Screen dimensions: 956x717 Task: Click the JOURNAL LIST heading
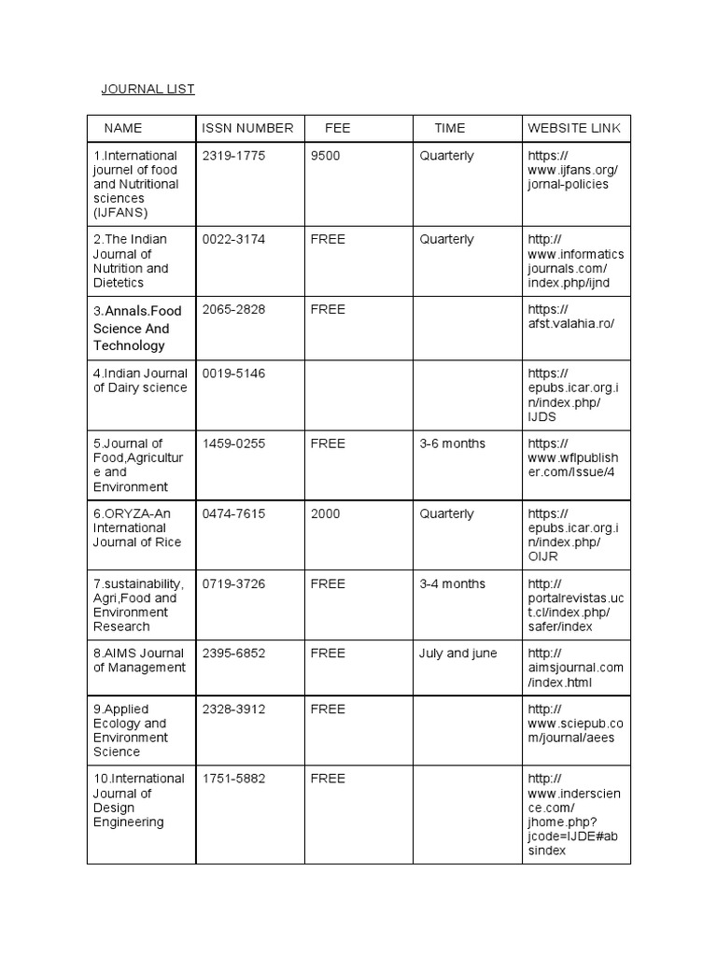(x=148, y=90)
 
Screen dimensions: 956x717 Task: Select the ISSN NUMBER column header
(x=247, y=128)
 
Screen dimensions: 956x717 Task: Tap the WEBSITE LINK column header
(x=573, y=128)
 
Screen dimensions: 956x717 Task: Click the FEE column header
(x=337, y=128)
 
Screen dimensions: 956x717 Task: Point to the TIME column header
(x=449, y=128)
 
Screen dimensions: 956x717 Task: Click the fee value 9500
(x=326, y=156)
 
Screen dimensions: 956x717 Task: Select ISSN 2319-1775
(x=233, y=156)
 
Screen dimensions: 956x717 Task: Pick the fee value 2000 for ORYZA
(x=326, y=514)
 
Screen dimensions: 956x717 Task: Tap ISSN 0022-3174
(x=233, y=240)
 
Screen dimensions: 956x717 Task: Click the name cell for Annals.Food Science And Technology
(x=137, y=328)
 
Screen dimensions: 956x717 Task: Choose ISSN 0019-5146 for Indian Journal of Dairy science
(x=233, y=373)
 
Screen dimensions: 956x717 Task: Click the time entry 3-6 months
(x=452, y=443)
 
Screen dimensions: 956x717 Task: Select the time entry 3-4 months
(x=452, y=584)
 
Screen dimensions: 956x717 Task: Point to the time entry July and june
(x=457, y=654)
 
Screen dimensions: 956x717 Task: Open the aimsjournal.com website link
(x=574, y=668)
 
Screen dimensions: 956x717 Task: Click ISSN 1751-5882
(x=233, y=779)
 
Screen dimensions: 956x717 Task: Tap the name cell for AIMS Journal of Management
(x=139, y=660)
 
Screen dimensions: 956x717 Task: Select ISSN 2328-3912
(x=233, y=710)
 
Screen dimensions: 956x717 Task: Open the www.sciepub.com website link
(x=574, y=724)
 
